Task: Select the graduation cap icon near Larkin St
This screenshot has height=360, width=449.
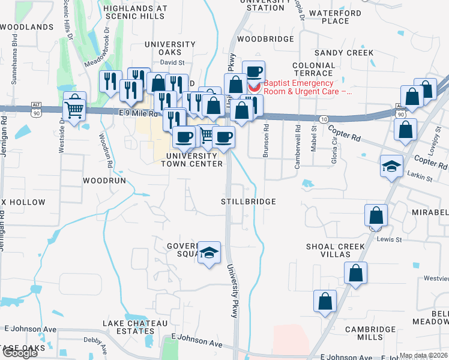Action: point(391,166)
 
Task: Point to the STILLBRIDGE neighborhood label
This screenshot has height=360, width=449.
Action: point(249,202)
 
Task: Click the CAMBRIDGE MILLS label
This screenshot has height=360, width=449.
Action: point(358,333)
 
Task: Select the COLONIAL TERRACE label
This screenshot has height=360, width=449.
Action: point(313,68)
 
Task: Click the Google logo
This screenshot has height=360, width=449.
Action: point(19,353)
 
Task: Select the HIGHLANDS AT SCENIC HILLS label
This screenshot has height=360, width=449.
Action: point(134,12)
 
